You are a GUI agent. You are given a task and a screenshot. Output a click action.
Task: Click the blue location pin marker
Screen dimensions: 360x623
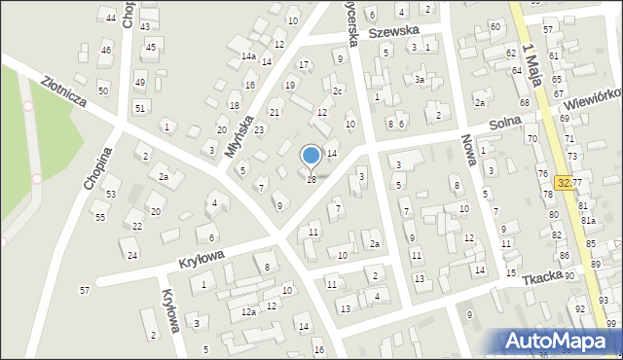click(x=311, y=156)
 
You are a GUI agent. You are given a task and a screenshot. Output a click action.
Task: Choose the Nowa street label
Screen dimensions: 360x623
click(x=470, y=150)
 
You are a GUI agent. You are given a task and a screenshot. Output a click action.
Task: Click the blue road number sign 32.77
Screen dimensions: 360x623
click(x=570, y=182)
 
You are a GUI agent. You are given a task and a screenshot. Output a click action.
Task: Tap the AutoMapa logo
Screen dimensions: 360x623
click(x=561, y=341)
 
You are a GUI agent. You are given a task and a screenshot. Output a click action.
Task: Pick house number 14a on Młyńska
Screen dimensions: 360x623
click(x=248, y=56)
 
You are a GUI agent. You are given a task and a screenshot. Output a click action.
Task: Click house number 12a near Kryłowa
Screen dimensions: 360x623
click(x=248, y=311)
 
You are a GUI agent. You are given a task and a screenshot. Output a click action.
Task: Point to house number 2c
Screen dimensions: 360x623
click(x=337, y=90)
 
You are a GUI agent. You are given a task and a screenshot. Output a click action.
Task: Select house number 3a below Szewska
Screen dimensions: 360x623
click(x=420, y=79)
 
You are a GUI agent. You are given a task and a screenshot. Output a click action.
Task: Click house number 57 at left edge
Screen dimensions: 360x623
click(x=85, y=290)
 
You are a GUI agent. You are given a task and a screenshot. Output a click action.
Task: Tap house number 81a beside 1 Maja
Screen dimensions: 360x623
click(x=589, y=220)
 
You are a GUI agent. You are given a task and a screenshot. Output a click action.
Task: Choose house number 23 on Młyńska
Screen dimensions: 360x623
click(x=259, y=129)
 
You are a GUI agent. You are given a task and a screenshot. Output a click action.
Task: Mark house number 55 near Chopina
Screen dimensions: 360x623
click(x=99, y=217)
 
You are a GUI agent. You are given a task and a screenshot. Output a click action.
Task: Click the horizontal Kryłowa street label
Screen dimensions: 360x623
click(x=202, y=255)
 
